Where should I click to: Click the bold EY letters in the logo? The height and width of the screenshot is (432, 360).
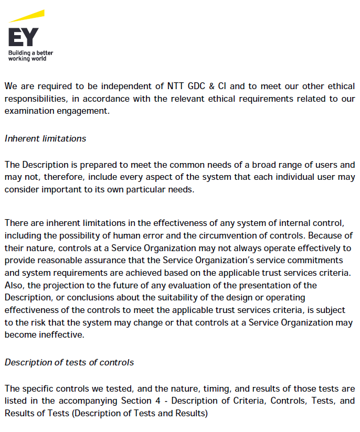[23, 36]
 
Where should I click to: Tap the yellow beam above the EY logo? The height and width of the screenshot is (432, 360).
[27, 16]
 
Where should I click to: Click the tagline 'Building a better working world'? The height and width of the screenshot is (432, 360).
[30, 56]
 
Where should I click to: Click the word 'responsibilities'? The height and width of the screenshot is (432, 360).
[35, 98]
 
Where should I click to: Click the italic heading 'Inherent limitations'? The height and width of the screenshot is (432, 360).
[45, 138]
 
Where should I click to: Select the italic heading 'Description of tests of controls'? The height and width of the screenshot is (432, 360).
[69, 362]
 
